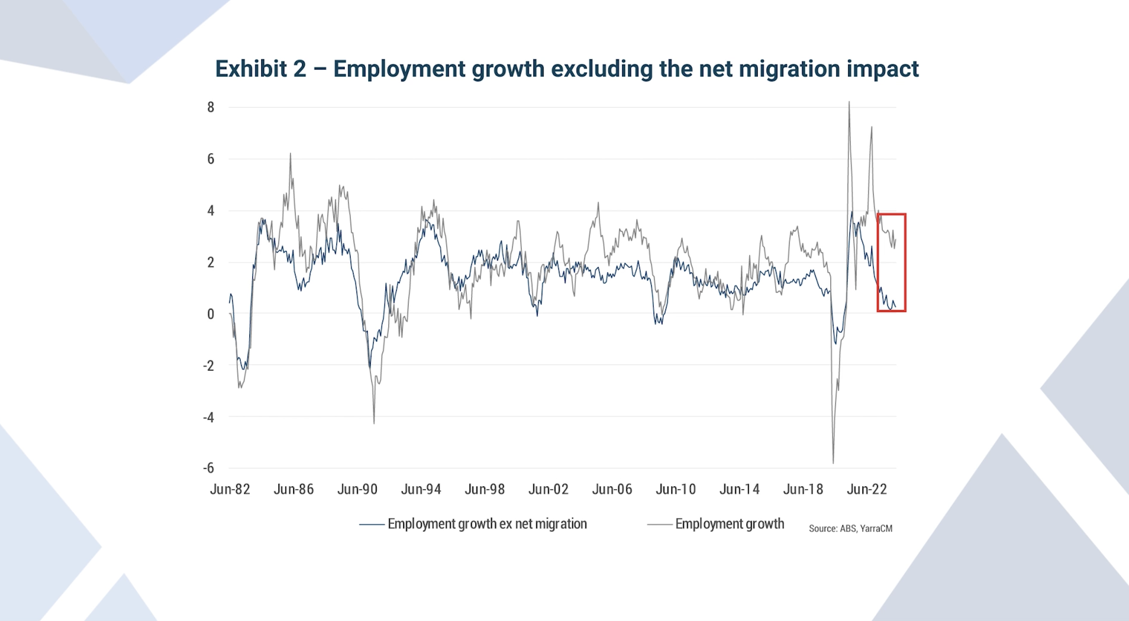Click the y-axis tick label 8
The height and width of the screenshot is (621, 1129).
211,107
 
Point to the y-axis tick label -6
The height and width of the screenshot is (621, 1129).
208,468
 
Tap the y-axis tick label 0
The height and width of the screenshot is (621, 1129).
211,314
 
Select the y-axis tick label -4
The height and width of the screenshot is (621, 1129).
208,417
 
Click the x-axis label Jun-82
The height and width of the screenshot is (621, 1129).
230,489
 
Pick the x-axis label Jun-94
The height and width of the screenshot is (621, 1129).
421,489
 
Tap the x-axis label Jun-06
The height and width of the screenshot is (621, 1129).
612,489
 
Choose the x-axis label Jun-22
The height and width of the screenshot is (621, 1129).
866,489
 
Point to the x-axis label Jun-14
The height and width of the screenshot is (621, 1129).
739,489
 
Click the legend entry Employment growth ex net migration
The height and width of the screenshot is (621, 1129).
486,524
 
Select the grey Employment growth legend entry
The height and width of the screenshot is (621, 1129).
729,524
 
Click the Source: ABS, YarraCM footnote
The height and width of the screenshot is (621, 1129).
850,528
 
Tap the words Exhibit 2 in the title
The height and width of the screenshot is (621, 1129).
260,69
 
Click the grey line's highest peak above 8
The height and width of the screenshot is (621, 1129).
849,102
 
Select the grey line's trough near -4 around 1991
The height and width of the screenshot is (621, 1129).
374,422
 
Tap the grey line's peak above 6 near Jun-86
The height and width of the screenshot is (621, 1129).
290,154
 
